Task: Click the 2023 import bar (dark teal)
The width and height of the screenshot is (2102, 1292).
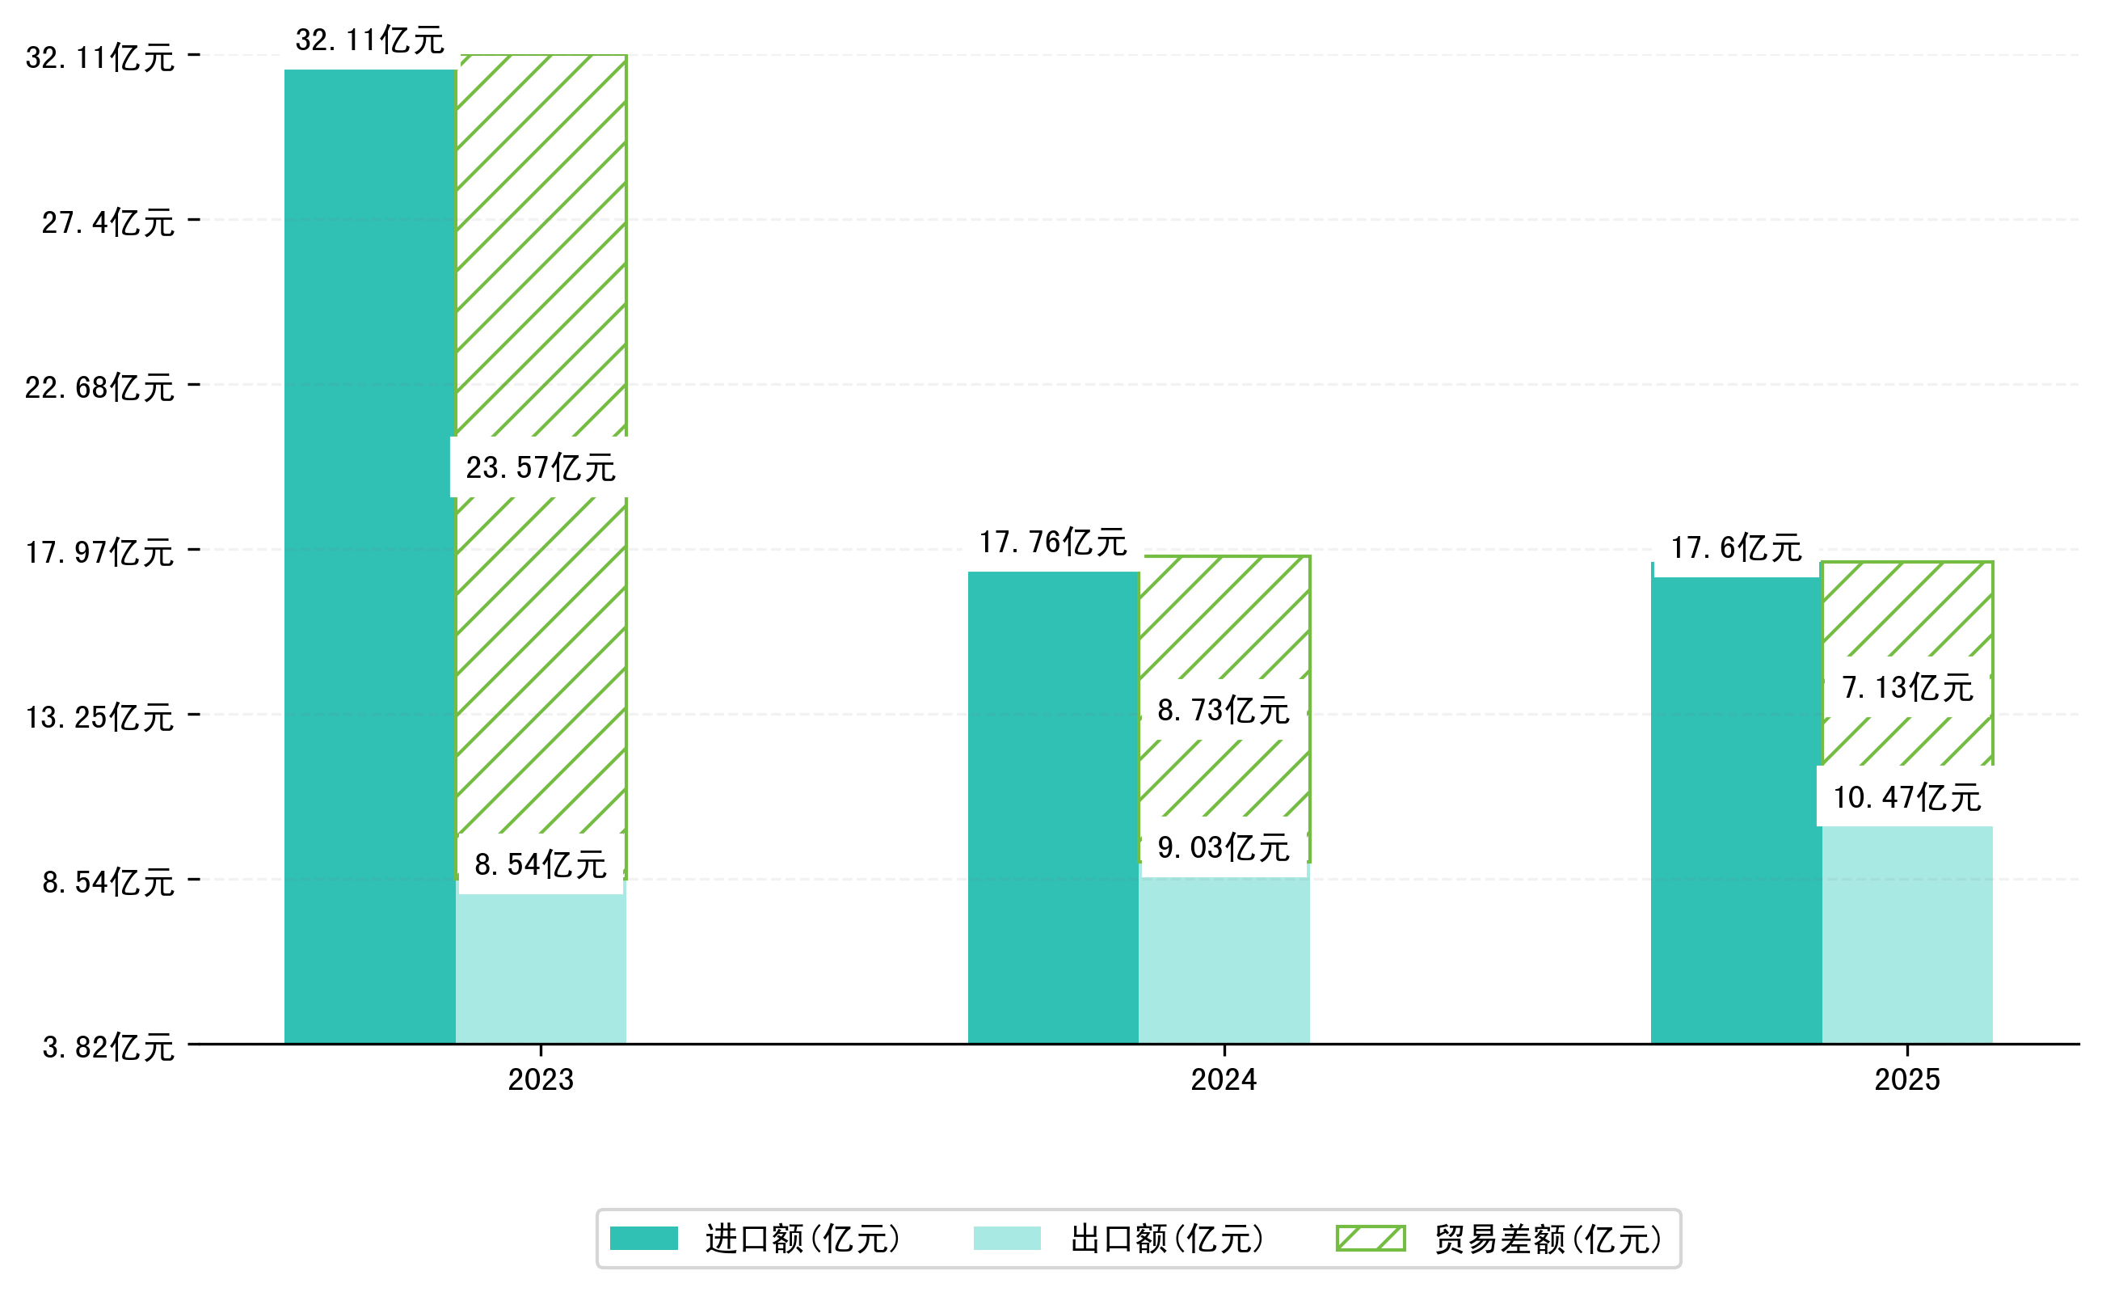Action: tap(369, 555)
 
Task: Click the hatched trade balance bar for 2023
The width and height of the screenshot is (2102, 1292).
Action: tap(541, 256)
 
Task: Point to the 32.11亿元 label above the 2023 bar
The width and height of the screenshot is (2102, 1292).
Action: tap(369, 40)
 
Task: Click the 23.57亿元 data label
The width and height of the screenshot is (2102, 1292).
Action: tap(540, 467)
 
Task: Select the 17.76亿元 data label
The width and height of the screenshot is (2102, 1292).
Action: tap(1052, 542)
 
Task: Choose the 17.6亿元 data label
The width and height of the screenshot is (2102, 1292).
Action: tap(1736, 547)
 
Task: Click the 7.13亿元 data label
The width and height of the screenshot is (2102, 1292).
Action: tap(1906, 687)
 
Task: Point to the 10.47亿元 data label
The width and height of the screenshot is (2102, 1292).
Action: tap(1906, 797)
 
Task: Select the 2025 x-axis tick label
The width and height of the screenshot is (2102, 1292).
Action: tap(1906, 1080)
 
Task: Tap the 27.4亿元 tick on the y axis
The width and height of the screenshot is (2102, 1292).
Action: tap(107, 222)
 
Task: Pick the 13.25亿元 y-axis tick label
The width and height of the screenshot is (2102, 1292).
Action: tap(99, 717)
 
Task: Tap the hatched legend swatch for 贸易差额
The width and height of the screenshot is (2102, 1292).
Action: tap(1370, 1238)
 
